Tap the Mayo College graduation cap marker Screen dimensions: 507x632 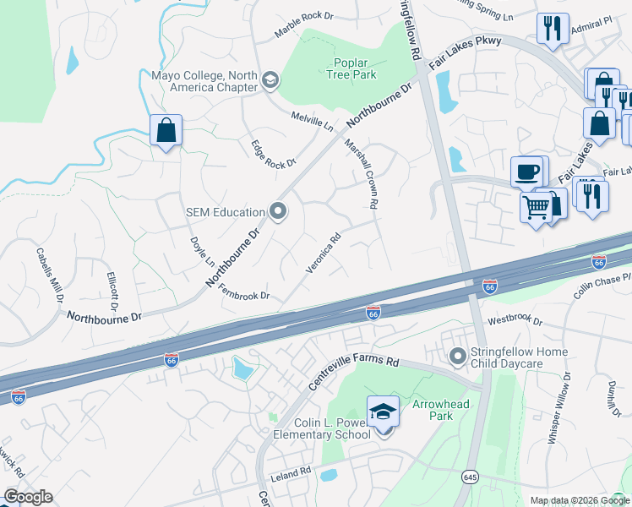point(271,80)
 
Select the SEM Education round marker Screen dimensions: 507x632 point(277,211)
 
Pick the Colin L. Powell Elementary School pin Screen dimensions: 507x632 point(383,412)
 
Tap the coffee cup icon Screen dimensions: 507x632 point(528,172)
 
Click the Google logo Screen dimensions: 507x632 point(28,497)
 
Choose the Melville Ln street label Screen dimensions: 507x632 point(313,121)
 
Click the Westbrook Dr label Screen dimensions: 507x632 point(514,321)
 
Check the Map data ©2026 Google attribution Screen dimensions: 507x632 point(580,500)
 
